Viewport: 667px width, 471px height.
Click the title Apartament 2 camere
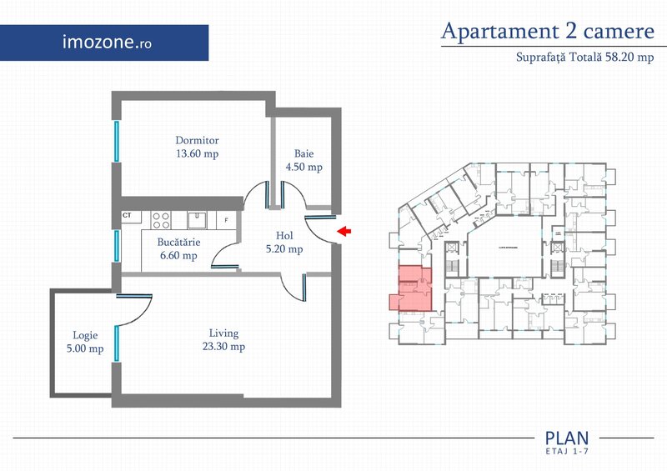(x=547, y=32)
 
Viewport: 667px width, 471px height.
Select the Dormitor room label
(x=197, y=140)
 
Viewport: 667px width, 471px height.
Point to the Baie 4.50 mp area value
(x=303, y=167)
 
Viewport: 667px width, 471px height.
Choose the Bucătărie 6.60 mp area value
(x=178, y=256)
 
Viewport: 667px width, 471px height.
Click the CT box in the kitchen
(x=128, y=215)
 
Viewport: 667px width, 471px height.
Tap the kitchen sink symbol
(x=197, y=219)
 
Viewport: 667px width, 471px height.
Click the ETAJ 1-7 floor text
(x=567, y=450)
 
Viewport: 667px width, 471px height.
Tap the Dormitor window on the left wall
(x=117, y=143)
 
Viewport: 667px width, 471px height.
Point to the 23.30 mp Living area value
(x=225, y=347)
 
